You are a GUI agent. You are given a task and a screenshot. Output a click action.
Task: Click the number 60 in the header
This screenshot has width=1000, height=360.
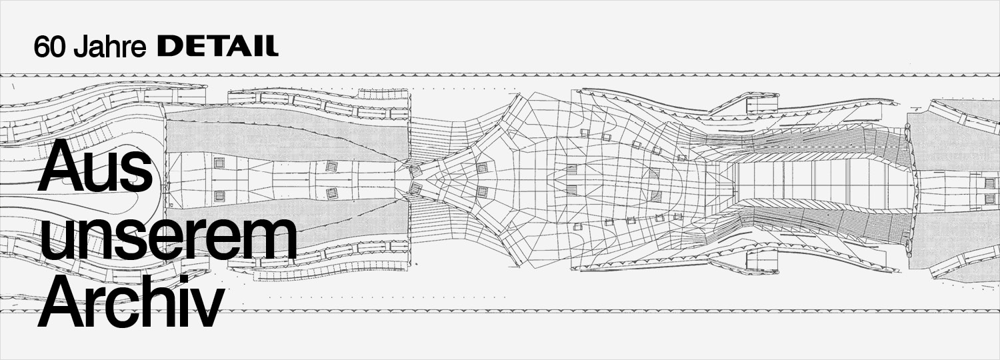[51, 47]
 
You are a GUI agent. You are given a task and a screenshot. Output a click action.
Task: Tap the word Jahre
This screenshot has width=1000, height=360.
[110, 47]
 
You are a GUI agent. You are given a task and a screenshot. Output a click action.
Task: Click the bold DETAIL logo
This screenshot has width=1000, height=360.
[218, 47]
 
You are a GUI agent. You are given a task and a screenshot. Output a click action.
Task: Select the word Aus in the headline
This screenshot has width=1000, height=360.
[95, 167]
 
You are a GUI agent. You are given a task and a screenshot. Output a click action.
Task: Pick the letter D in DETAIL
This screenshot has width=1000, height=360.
[168, 47]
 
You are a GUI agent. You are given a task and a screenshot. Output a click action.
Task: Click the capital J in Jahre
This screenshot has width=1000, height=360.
[80, 47]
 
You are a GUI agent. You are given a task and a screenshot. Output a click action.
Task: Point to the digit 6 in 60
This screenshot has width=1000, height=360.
[42, 47]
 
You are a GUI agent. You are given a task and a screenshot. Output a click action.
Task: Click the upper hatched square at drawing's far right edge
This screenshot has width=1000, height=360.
[990, 183]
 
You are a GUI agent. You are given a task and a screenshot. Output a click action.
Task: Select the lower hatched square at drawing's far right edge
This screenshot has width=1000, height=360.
[990, 199]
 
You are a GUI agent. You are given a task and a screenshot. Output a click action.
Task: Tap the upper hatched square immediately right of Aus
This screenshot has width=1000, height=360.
[219, 163]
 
